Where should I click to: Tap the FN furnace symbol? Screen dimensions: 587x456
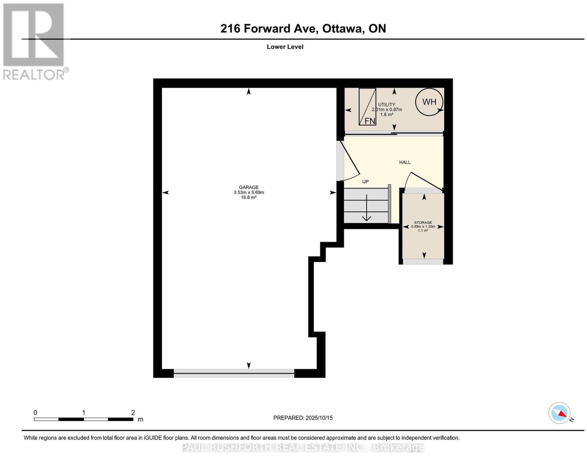pos(367,107)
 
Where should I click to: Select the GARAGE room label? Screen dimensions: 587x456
pos(248,187)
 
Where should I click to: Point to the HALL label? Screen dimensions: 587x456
pos(405,162)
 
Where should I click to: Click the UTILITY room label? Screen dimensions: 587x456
pos(387,105)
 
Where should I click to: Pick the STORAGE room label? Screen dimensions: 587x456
pos(423,222)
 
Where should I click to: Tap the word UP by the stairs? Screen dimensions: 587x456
pos(365,182)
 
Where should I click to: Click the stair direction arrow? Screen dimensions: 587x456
pos(366,208)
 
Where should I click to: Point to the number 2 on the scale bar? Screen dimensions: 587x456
pos(133,413)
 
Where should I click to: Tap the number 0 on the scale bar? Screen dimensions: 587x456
pos(35,413)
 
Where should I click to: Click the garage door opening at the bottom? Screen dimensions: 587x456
pos(234,373)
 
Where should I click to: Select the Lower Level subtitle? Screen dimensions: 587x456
pos(285,47)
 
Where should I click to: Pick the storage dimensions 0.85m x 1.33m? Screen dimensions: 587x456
pos(423,226)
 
